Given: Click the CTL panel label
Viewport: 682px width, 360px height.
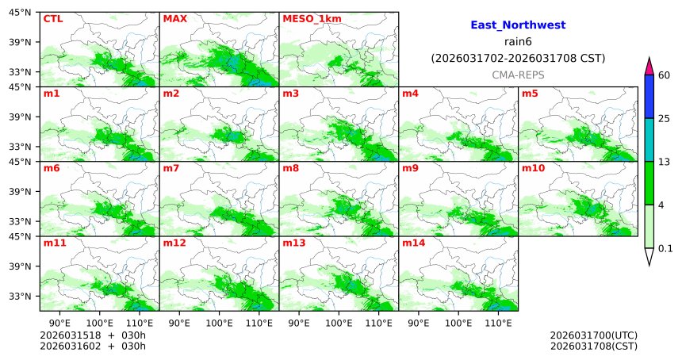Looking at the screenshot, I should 53,18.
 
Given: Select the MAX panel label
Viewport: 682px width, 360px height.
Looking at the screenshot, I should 174,18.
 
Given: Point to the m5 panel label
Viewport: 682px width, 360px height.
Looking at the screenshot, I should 530,94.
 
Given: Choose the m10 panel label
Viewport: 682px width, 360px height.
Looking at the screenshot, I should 533,168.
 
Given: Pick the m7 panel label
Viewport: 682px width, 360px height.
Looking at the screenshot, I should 171,168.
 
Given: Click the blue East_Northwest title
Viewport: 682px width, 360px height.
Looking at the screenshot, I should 518,25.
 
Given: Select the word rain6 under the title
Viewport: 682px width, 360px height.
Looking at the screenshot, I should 518,42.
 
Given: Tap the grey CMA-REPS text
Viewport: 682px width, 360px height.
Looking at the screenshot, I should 518,74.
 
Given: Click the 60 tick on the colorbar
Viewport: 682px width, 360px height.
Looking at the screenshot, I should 665,75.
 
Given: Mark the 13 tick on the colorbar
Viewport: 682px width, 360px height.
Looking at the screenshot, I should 665,162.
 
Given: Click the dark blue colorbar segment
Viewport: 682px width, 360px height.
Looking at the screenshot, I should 649,97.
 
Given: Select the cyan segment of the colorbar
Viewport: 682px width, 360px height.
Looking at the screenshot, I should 649,140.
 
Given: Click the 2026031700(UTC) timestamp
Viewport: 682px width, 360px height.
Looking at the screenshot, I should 593,335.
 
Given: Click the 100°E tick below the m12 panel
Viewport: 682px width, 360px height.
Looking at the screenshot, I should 219,323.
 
